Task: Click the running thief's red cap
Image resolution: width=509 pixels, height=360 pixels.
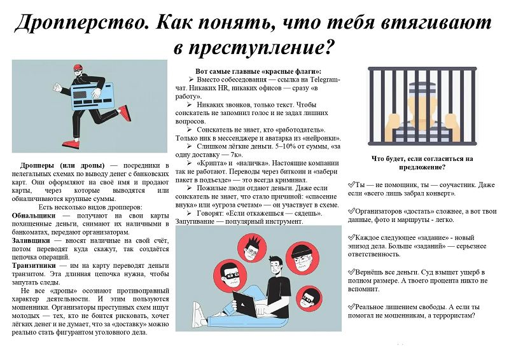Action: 78,67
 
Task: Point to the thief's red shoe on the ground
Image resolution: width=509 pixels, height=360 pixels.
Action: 71,143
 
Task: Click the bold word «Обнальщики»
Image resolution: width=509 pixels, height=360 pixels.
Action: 34,216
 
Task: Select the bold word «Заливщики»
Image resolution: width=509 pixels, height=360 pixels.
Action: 31,240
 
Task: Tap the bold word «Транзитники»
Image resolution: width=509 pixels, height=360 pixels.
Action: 34,265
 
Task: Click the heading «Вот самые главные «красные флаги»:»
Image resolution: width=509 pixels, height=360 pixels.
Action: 258,71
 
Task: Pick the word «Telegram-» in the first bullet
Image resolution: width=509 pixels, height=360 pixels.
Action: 324,80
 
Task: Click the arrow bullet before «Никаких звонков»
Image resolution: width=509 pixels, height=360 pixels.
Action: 189,104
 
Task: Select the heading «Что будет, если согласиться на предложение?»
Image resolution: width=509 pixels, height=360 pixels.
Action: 422,163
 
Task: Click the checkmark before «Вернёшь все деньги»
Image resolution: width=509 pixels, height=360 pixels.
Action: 351,272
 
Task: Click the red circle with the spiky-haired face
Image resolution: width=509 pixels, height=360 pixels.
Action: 250,249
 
